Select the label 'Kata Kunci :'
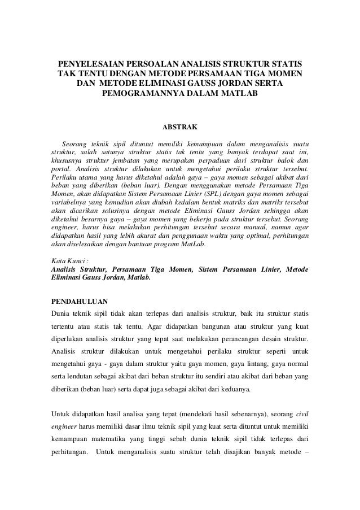[x=68, y=261]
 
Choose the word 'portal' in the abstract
[x=61, y=168]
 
